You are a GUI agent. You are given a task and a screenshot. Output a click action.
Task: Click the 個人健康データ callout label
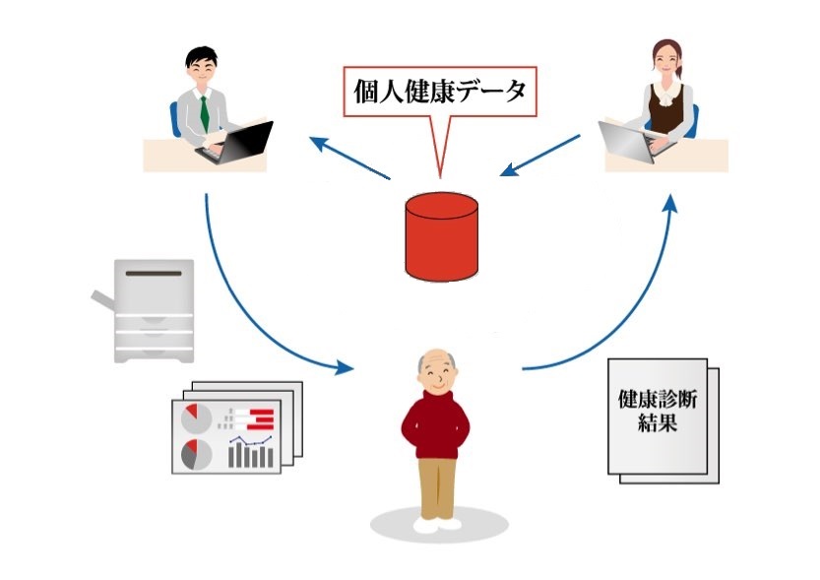(x=440, y=93)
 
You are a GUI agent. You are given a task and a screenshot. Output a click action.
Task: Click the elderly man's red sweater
(x=436, y=422)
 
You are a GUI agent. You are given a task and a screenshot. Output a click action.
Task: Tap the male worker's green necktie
(x=204, y=112)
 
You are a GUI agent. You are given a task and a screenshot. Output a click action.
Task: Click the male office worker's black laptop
(x=241, y=142)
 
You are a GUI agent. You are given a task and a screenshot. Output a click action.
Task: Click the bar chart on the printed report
(x=251, y=454)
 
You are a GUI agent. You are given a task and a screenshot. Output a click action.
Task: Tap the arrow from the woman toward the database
(x=540, y=155)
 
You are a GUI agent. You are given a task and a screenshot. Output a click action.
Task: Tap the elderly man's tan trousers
(x=436, y=487)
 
